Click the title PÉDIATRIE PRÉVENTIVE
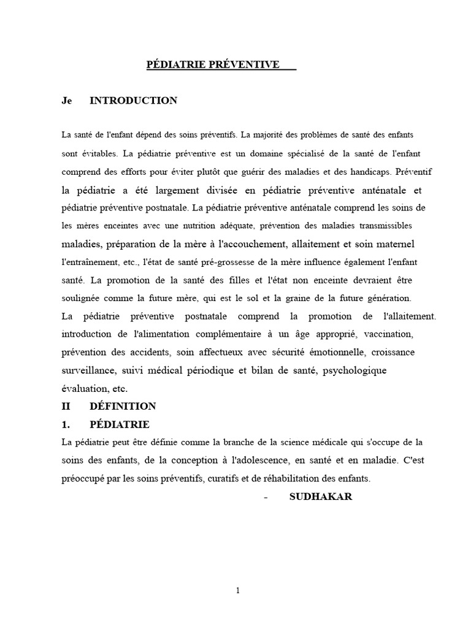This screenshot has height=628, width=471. pyautogui.click(x=213, y=64)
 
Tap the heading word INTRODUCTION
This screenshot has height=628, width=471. pyautogui.click(x=134, y=101)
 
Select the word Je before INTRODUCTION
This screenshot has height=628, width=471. pyautogui.click(x=67, y=101)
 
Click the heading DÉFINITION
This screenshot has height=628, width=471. pyautogui.click(x=123, y=406)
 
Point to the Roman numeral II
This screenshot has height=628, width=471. pyautogui.click(x=67, y=406)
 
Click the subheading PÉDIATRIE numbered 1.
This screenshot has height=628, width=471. pyautogui.click(x=120, y=424)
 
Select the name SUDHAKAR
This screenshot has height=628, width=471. pyautogui.click(x=321, y=497)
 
